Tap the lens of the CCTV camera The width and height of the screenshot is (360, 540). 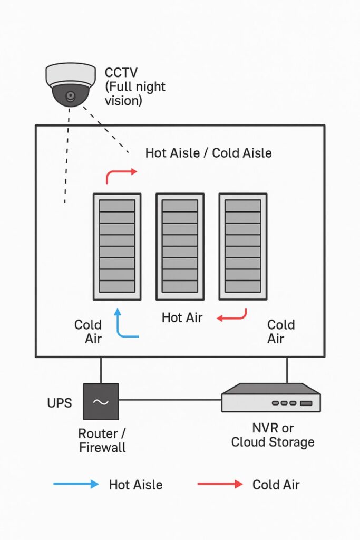70,97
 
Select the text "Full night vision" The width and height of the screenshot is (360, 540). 135,93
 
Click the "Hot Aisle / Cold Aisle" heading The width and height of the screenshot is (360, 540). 208,153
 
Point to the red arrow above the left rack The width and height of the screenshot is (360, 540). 121,174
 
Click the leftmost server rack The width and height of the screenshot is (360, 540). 117,246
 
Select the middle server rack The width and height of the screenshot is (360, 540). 180,246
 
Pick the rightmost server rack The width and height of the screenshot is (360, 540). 243,246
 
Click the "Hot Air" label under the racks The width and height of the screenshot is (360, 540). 182,317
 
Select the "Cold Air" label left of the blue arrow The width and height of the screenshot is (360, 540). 88,331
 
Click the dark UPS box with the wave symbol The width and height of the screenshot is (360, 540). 101,402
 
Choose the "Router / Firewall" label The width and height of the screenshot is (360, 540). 102,441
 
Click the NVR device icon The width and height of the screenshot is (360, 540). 271,398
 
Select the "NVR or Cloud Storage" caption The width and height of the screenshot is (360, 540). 273,435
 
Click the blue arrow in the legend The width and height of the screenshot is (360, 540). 76,484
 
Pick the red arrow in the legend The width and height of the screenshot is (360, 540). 220,484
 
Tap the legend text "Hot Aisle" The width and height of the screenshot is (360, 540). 135,484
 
